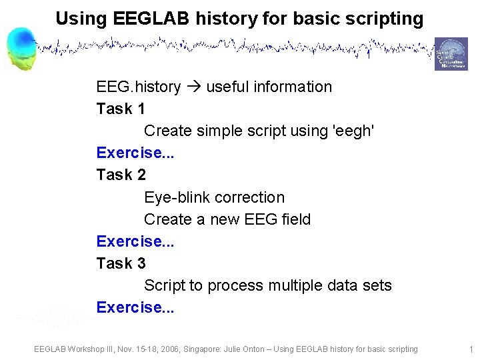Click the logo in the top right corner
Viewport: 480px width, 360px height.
451,54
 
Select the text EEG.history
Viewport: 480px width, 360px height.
138,87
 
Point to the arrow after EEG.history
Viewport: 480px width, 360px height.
195,87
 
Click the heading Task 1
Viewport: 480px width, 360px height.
121,109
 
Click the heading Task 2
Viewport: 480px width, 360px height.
121,175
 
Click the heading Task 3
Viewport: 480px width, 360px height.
121,263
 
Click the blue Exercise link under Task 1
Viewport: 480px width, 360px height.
135,153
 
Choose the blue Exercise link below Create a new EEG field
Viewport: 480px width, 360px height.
135,241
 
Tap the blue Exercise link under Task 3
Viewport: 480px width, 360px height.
135,307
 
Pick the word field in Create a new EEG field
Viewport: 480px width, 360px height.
296,219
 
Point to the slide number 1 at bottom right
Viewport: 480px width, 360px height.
471,349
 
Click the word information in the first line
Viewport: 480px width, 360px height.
292,87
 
